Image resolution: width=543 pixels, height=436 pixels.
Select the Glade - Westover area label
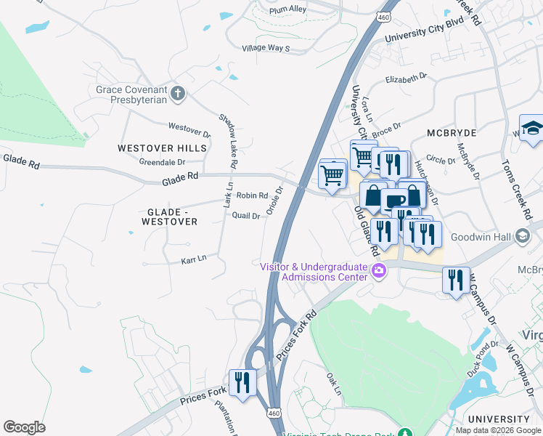(172, 216)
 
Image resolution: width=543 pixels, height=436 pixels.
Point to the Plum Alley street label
(287, 9)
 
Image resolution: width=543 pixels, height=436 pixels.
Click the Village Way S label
(266, 49)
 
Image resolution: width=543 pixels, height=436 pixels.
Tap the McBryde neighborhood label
(451, 134)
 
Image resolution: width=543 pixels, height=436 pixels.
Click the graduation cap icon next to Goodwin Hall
(521, 236)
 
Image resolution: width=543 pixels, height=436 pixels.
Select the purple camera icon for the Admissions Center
(377, 272)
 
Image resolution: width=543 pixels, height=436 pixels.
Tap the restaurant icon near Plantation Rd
(242, 381)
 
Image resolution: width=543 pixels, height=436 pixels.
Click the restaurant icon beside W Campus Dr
(455, 280)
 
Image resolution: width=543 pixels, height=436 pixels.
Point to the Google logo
(24, 427)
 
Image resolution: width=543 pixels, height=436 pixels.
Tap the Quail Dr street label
(245, 216)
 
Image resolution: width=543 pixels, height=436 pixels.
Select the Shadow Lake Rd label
(228, 142)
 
